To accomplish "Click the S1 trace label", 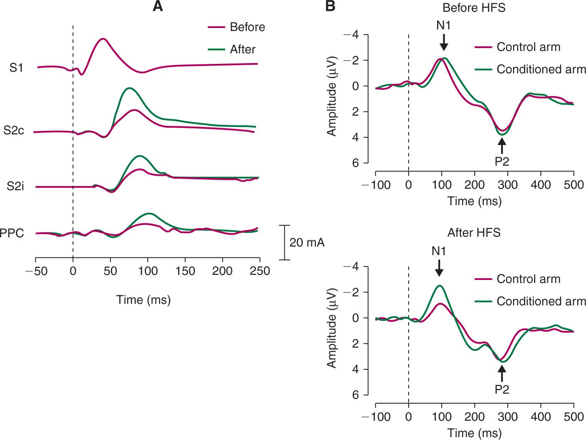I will point(16,68).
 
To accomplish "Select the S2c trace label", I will point(14,130).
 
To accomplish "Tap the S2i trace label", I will point(15,186).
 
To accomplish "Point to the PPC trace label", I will point(12,233).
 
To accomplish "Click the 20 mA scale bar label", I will point(307,242).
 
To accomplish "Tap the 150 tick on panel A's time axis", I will point(185,271).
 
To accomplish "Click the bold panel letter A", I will point(158,6).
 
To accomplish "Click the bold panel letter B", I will point(330,6).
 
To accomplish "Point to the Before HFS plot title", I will point(474,8).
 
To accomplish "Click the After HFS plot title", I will point(474,232).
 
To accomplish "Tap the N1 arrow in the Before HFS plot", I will point(444,42).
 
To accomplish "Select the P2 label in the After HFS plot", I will point(502,389).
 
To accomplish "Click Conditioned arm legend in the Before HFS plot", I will point(541,69).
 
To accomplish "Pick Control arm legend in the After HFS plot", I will point(528,279).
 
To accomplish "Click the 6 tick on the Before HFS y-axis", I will point(355,163).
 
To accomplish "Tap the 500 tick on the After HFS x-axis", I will point(573,417).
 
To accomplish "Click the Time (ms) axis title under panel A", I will point(143,300).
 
